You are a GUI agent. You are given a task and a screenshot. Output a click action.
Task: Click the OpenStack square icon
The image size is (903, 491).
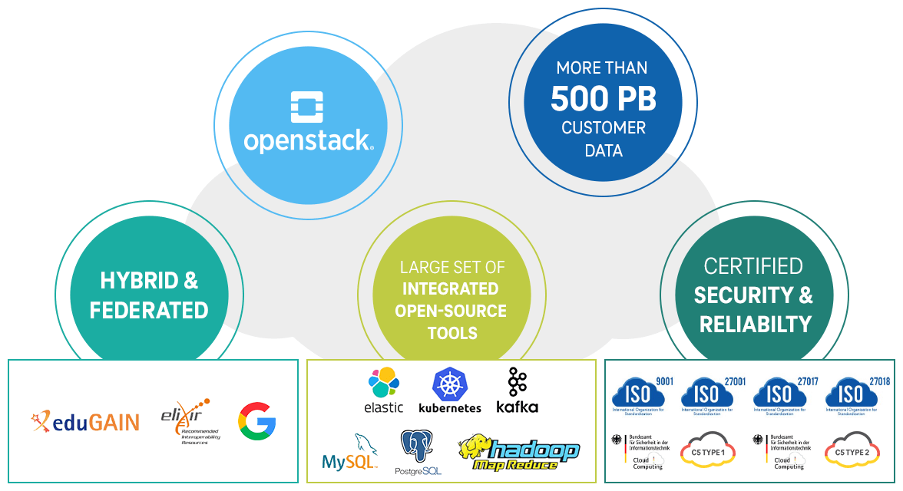[307, 107]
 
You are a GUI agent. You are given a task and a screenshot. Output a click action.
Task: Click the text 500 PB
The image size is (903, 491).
[604, 99]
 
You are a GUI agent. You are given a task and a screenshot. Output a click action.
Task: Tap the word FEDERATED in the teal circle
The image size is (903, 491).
[149, 310]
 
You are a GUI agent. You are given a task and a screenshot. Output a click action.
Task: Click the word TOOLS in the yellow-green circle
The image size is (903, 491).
[452, 333]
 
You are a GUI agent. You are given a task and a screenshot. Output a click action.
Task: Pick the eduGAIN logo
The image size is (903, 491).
[86, 420]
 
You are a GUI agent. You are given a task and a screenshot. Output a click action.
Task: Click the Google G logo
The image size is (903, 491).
[256, 420]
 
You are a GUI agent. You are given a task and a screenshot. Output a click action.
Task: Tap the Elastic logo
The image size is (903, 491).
[384, 390]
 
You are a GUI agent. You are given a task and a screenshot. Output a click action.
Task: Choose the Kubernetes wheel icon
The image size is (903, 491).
[449, 384]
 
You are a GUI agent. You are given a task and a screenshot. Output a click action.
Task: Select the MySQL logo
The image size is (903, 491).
[350, 453]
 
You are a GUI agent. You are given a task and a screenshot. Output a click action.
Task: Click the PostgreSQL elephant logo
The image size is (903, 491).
[418, 452]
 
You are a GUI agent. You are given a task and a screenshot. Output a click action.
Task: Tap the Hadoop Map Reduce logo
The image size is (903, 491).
[518, 453]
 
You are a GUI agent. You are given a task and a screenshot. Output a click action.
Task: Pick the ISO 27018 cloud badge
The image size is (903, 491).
[853, 392]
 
